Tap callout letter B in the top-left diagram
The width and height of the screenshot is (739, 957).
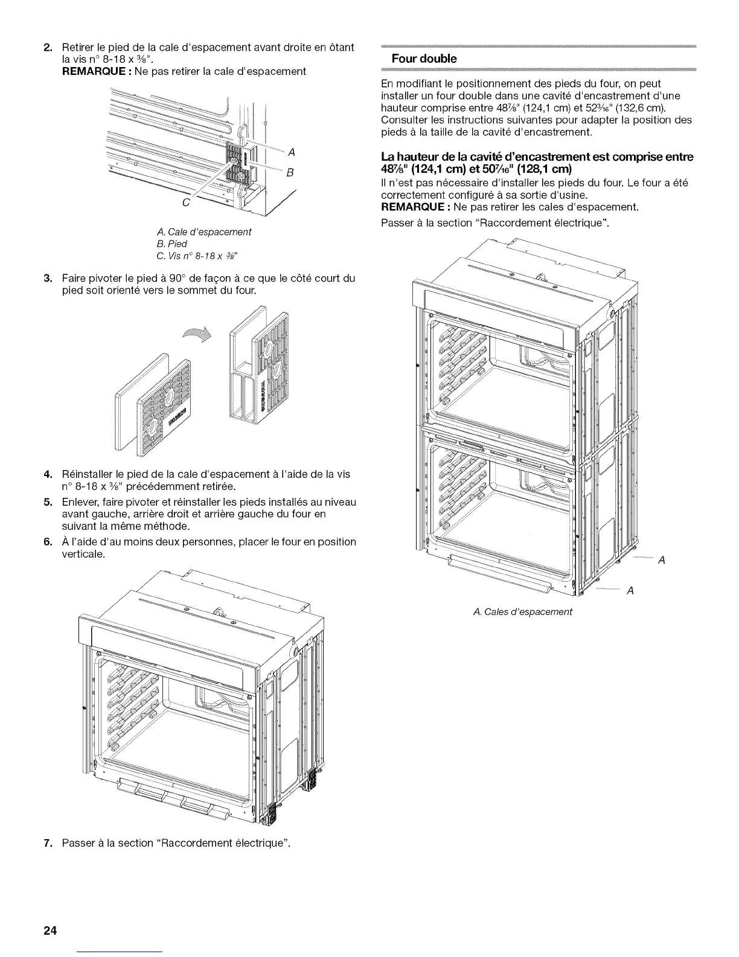[x=289, y=173]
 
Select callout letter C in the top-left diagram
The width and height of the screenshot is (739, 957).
[x=187, y=202]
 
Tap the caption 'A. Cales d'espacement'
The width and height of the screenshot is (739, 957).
[x=522, y=611]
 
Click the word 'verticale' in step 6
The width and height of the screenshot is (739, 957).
[x=83, y=553]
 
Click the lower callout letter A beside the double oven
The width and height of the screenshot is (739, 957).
[x=630, y=590]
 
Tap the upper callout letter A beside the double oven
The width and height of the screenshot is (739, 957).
[x=661, y=560]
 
